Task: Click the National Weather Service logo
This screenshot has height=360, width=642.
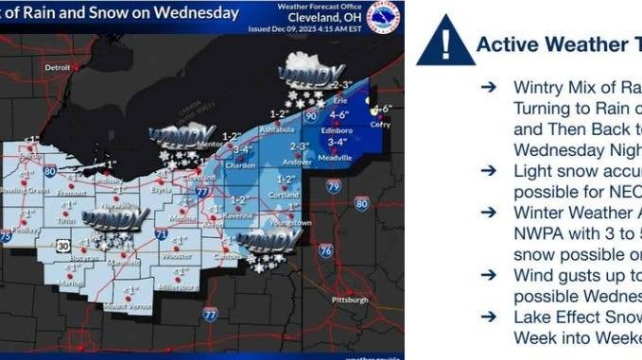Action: (382, 16)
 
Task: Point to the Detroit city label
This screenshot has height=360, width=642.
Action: (59, 68)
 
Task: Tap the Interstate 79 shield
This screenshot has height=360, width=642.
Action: (334, 186)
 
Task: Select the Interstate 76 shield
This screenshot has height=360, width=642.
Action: (326, 250)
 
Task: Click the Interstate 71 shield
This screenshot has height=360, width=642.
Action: (163, 231)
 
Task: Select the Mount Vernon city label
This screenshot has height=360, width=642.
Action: (127, 307)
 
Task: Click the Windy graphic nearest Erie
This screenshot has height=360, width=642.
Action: (312, 74)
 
